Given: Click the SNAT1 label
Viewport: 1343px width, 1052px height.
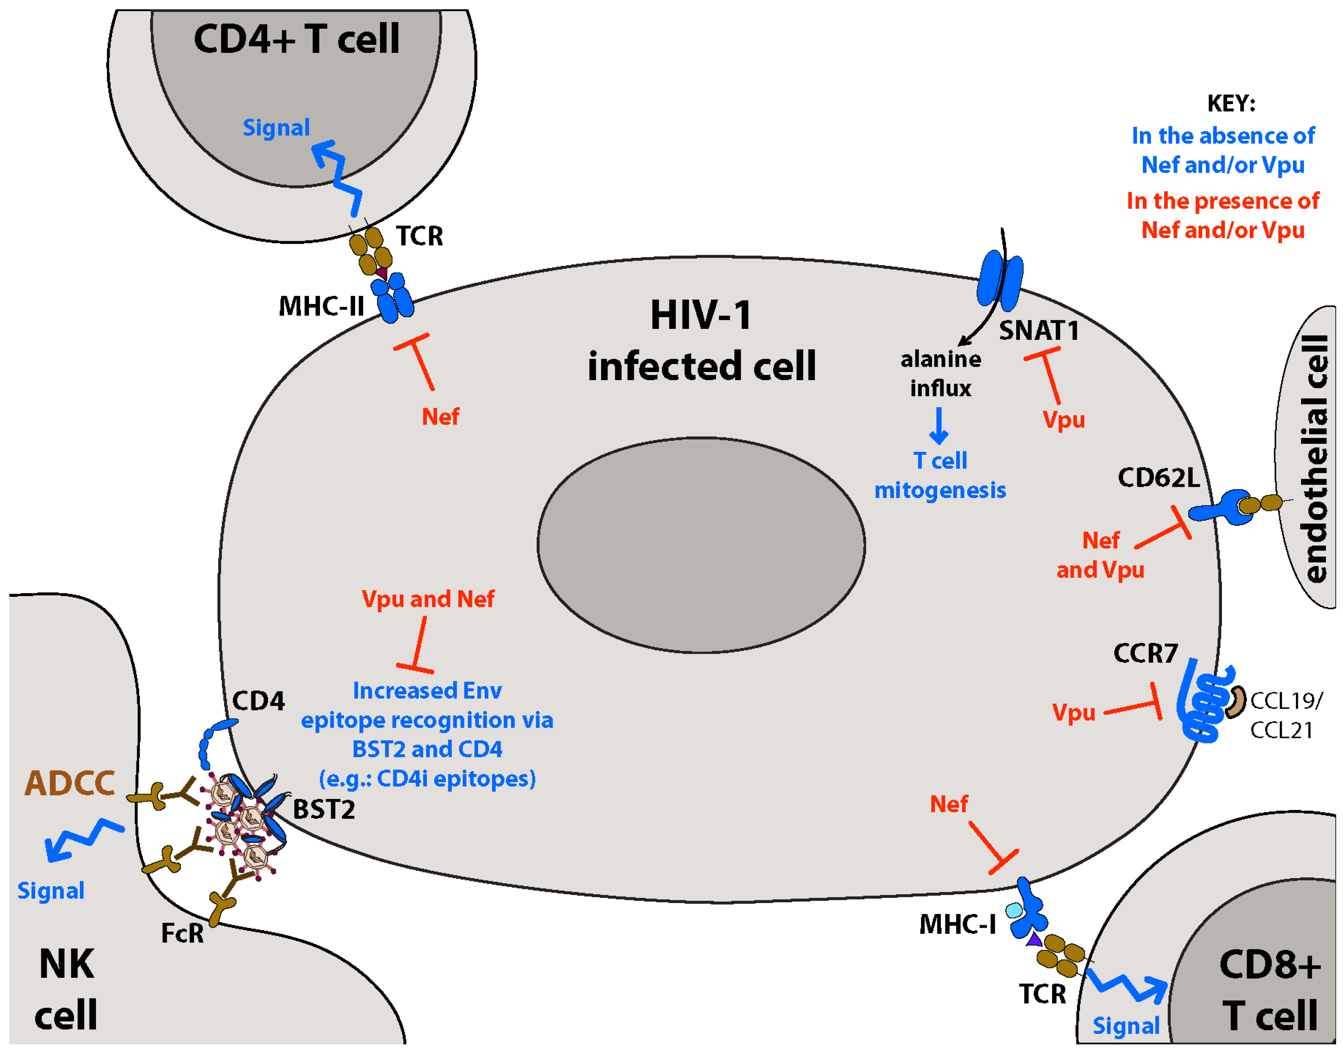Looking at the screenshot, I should tap(1039, 331).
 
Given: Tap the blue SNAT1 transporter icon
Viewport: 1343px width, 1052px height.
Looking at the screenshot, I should tap(1000, 280).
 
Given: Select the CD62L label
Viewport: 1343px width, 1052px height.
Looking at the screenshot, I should tap(1158, 478).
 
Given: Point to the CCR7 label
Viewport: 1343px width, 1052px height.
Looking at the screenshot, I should tap(1145, 653).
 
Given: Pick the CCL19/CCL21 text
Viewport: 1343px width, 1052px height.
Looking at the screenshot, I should tap(1285, 716).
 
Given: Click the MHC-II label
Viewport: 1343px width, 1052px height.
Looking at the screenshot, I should tap(322, 306).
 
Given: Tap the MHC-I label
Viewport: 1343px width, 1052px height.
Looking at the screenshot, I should tap(957, 924).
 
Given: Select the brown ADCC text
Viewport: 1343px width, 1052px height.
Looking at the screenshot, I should tap(69, 784).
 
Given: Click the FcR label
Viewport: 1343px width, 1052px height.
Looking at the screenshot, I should tap(182, 933).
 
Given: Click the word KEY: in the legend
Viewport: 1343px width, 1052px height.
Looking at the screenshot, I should tap(1231, 103).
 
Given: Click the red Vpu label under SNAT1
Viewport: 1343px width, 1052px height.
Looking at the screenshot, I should tap(1063, 420).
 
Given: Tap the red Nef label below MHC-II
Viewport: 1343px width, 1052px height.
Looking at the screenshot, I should tap(440, 417).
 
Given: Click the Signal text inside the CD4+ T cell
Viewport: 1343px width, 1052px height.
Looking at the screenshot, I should tap(276, 128).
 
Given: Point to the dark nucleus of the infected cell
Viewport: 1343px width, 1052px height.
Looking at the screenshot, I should tap(701, 545).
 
